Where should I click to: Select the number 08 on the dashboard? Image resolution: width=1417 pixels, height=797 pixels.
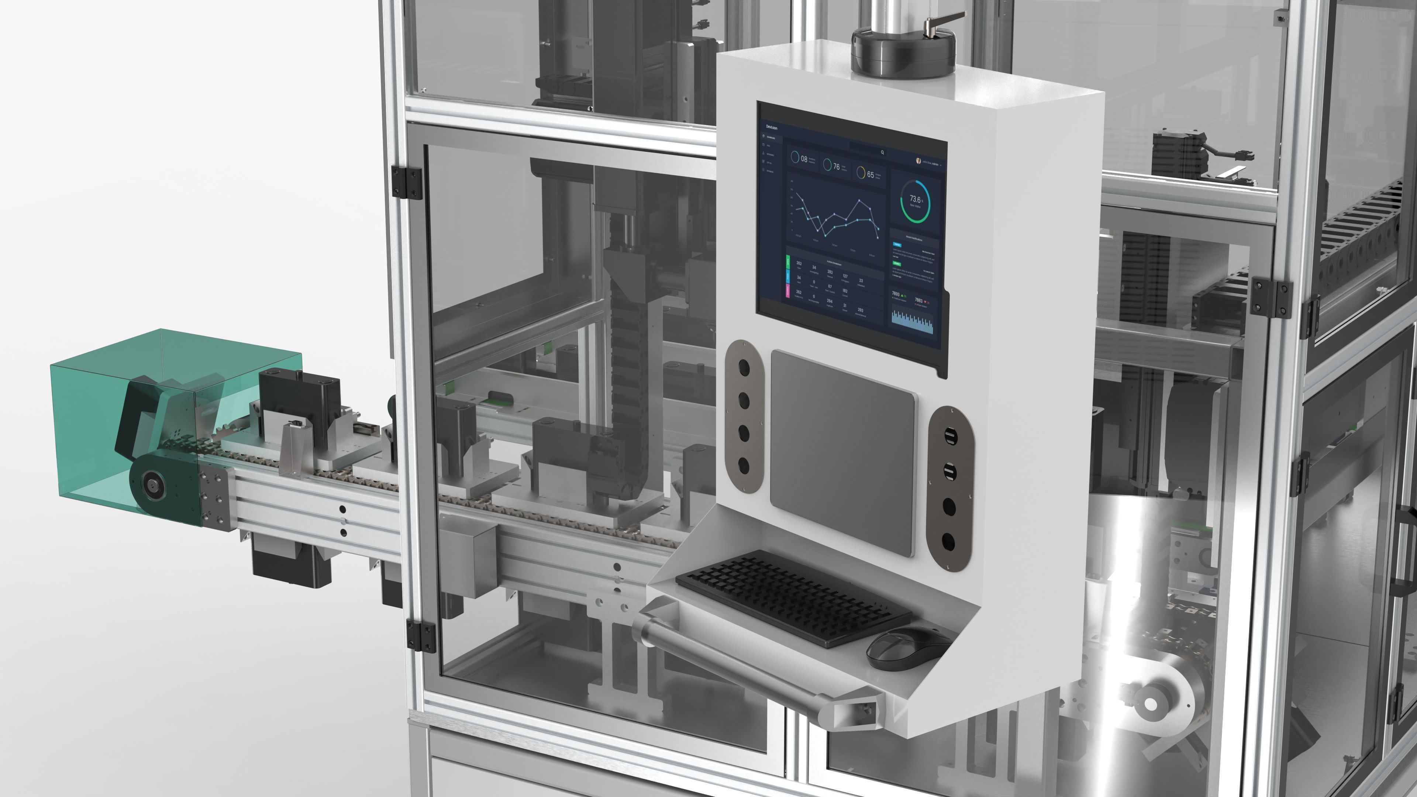pyautogui.click(x=804, y=159)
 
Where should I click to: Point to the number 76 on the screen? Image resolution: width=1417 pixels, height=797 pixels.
pyautogui.click(x=836, y=166)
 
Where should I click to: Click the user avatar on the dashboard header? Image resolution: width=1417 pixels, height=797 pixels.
pyautogui.click(x=918, y=161)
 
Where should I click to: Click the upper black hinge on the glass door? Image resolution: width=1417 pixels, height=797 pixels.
pyautogui.click(x=407, y=182)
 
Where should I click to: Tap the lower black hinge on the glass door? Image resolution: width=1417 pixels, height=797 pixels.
pyautogui.click(x=421, y=635)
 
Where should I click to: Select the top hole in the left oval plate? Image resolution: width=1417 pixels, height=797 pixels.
pyautogui.click(x=744, y=368)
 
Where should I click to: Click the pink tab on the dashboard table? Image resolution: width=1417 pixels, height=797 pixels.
pyautogui.click(x=788, y=290)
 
